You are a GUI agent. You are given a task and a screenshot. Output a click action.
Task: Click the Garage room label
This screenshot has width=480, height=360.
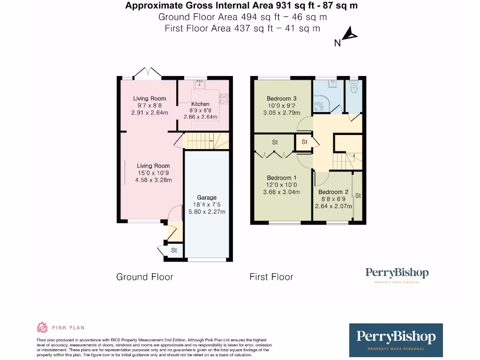[x=207, y=197]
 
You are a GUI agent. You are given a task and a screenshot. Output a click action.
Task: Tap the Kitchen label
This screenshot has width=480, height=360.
[x=200, y=104]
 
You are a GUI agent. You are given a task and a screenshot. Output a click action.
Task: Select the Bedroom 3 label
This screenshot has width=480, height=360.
[x=281, y=98]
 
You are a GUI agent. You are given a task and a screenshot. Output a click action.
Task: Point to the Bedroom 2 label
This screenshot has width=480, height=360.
[x=333, y=192]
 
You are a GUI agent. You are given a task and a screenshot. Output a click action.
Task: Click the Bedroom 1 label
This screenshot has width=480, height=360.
[x=281, y=178]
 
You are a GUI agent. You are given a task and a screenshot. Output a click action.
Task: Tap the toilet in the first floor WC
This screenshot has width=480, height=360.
[x=354, y=87]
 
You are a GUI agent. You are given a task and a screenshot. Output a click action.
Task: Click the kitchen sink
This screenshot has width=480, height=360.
[x=199, y=85]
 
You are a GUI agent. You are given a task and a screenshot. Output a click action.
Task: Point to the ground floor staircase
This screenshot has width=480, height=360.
[x=205, y=140]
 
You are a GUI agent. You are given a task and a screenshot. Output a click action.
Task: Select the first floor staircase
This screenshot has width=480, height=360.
[x=344, y=162]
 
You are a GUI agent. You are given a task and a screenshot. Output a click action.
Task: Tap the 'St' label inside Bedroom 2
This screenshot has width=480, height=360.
[x=358, y=195]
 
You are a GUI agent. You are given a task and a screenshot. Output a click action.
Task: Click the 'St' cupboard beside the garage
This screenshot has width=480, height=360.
[x=173, y=251]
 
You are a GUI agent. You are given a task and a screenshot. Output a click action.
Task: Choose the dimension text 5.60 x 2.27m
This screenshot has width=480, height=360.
[x=207, y=211]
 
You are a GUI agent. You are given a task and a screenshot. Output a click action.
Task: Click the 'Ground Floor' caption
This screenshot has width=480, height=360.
[x=144, y=277]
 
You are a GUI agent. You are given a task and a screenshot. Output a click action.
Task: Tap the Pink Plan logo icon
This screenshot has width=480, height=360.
[x=42, y=327]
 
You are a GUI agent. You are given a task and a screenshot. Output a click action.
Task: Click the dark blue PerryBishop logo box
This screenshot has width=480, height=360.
[x=396, y=340]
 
